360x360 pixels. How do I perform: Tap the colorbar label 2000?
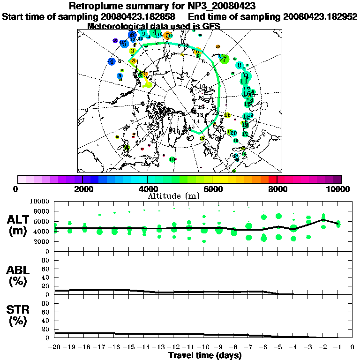point(82,189)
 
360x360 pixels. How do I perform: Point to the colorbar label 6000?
point(212,189)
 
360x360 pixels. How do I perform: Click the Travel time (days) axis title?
point(205,355)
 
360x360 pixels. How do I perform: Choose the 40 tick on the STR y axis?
point(46,320)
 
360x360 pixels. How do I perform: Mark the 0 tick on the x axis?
point(352,347)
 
